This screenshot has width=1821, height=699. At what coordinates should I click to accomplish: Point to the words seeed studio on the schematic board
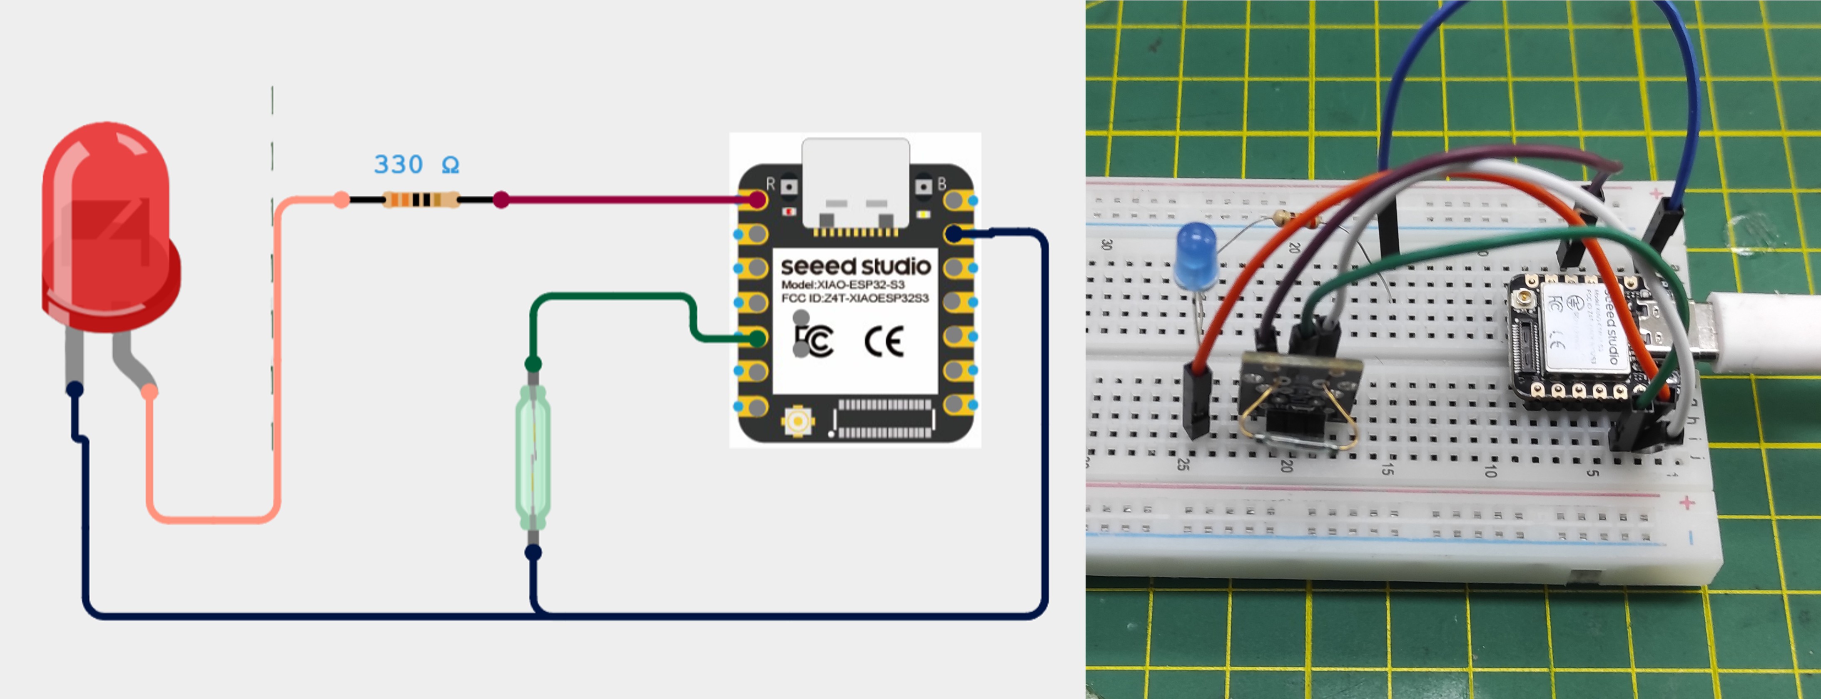(855, 267)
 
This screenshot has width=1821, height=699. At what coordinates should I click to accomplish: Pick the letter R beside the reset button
(770, 184)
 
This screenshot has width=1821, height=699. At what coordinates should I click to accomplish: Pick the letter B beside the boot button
(942, 184)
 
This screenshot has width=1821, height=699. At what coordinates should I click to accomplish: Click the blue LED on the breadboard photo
(1195, 255)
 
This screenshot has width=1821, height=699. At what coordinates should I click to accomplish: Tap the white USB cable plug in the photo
(1753, 332)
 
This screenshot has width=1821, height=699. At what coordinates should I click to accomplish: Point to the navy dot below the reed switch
(534, 552)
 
